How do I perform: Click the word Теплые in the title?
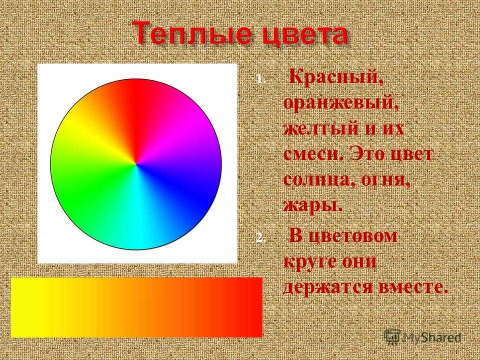click(x=189, y=33)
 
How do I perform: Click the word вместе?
click(x=411, y=287)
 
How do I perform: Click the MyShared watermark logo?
click(x=422, y=337)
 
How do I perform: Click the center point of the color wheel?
click(x=136, y=164)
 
